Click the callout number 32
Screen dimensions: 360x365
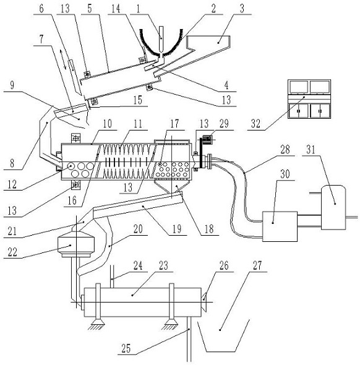[255, 124]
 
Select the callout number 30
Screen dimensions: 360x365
[285, 174]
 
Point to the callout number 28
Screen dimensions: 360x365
[285, 150]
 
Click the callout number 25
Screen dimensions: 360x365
[126, 348]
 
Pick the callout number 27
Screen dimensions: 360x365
[257, 265]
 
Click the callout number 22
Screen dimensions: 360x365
[12, 252]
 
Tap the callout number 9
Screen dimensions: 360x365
[12, 85]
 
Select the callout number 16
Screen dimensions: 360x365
[72, 200]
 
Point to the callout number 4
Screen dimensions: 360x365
[226, 85]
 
